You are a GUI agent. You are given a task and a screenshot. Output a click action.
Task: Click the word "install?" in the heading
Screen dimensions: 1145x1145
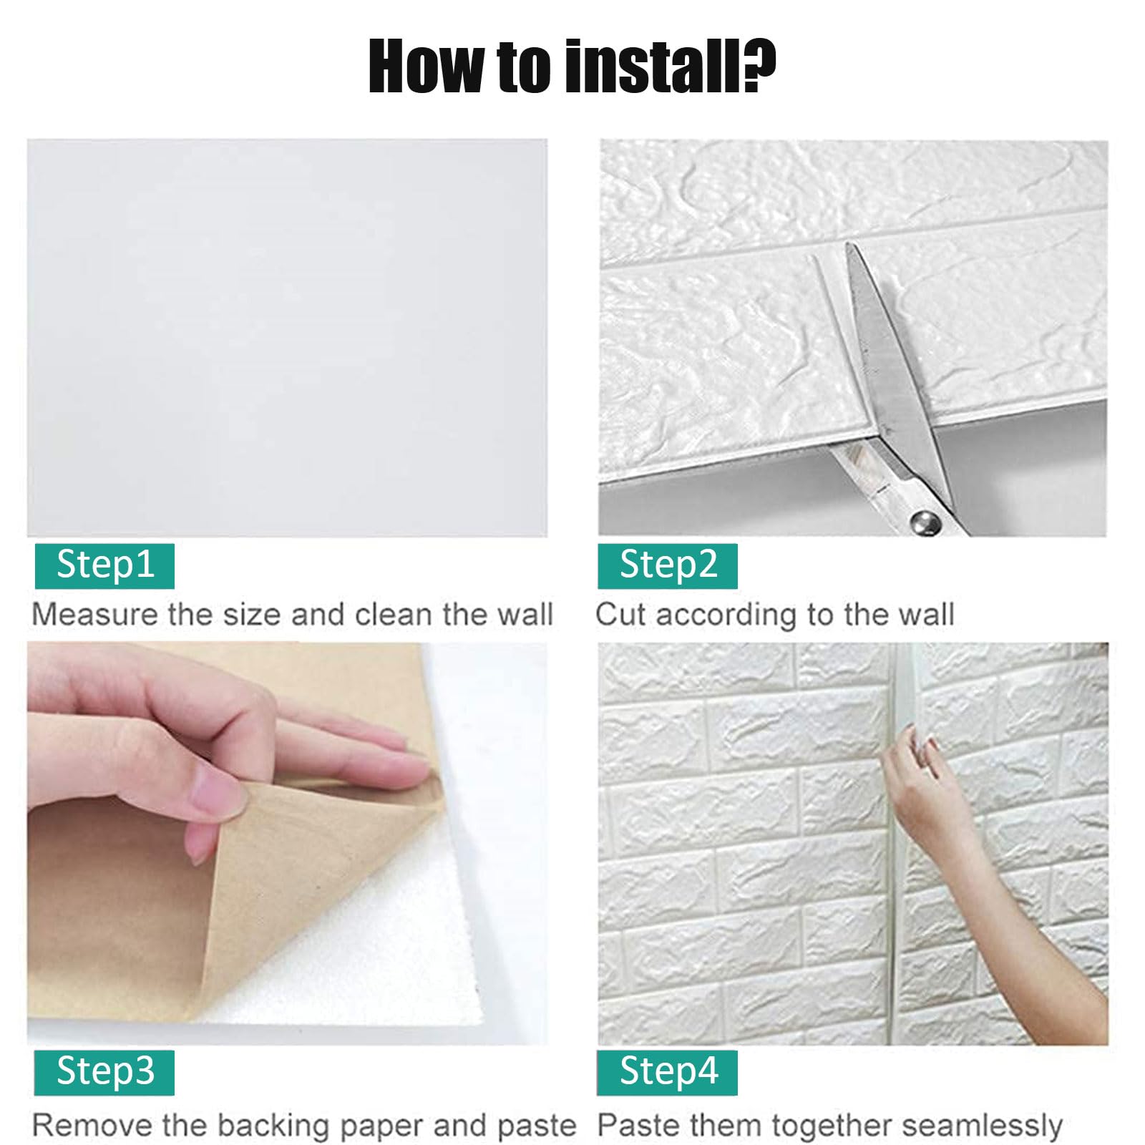[671, 66]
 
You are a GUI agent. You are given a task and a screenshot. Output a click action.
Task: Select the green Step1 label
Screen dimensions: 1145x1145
[104, 565]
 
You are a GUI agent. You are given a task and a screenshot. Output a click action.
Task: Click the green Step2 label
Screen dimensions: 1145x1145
[668, 565]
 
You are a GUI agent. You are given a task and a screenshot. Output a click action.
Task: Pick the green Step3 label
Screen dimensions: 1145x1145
[104, 1072]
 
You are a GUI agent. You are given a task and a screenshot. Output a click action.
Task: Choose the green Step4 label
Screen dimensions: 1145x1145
[668, 1072]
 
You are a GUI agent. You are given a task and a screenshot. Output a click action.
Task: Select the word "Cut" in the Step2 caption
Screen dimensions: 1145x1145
[621, 615]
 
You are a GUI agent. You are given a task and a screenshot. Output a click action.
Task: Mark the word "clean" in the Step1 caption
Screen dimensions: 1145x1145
[394, 615]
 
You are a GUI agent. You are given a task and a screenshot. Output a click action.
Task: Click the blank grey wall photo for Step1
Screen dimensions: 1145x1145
[287, 338]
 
